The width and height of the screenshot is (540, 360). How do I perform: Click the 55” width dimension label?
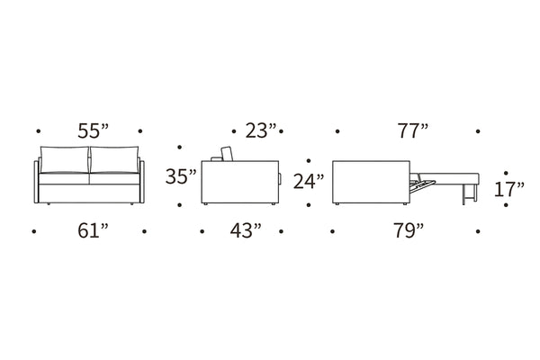point(93,130)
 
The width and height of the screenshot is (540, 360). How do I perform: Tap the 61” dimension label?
point(93,230)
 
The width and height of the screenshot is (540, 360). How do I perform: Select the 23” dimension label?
point(261,130)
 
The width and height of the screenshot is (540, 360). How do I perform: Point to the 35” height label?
point(181,176)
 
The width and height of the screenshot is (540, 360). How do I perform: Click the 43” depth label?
point(246,230)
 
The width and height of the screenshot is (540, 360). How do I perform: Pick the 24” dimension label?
point(309,182)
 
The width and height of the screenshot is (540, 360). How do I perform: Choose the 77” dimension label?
point(413,130)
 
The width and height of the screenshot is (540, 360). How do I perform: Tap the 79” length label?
point(409,230)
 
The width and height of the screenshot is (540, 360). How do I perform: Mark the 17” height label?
point(509,190)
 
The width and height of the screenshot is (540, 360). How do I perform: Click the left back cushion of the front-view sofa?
point(65,159)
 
